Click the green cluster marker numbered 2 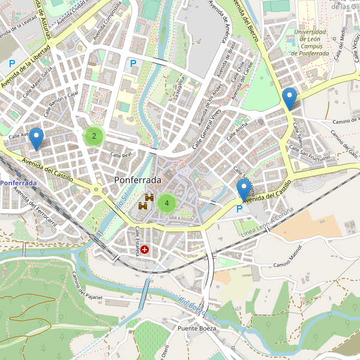(x=94, y=136)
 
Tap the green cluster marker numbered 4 (x=166, y=203)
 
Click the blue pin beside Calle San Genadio (x=243, y=190)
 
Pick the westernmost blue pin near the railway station (x=37, y=139)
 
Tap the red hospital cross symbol (x=144, y=248)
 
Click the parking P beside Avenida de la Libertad (x=11, y=63)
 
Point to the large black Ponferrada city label (x=137, y=180)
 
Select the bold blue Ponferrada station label (x=18, y=182)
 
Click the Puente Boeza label (x=197, y=329)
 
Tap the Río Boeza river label (x=192, y=306)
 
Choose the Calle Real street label (x=121, y=155)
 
